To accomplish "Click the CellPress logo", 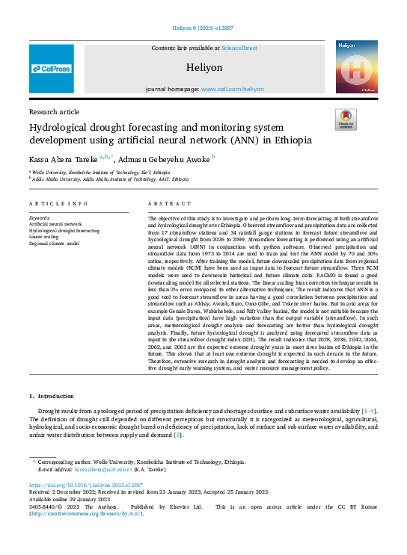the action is point(52,69).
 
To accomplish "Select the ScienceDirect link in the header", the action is point(239,48).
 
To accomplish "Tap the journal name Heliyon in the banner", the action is point(207,67).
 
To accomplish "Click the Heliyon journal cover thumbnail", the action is point(355,68).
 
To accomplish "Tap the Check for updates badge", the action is point(346,120).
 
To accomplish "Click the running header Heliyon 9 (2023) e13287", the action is point(203,7).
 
